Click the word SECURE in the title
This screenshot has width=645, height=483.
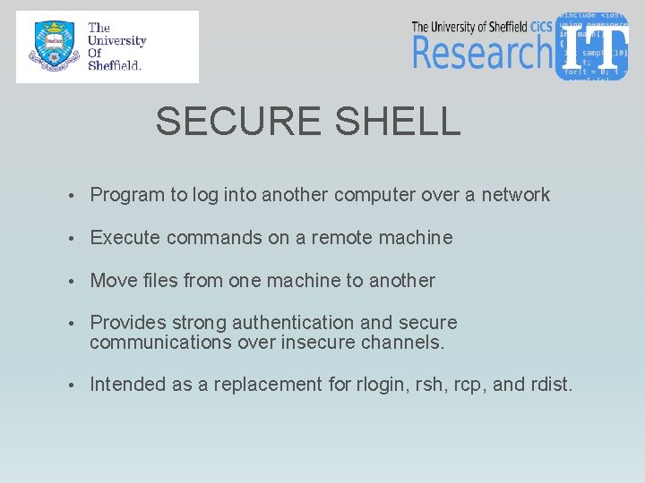[232, 122]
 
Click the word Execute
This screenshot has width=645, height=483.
[125, 238]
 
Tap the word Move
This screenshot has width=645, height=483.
[114, 281]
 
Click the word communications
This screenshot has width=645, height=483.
[162, 343]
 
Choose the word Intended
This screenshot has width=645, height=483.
[129, 385]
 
